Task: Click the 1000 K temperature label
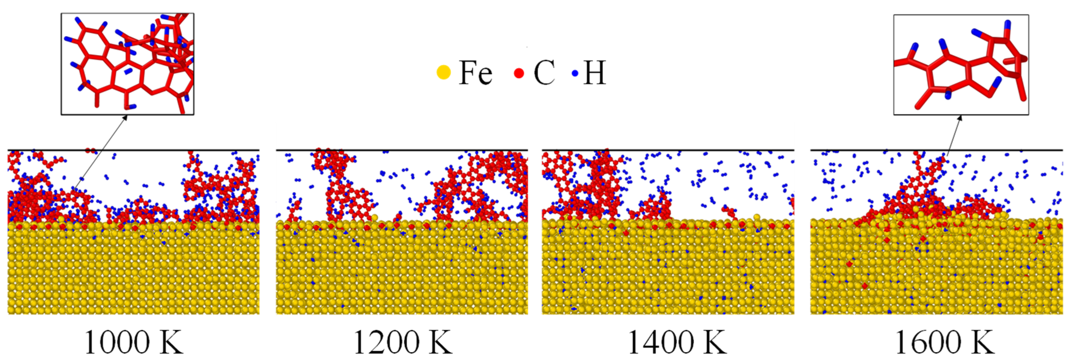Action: (134, 343)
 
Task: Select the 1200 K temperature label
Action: (402, 343)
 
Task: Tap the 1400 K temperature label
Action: (677, 343)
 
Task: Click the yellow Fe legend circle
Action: (444, 72)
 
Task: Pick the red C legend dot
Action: (519, 73)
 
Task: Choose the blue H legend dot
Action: (575, 73)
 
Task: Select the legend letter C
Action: (544, 72)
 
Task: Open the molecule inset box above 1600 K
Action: (961, 65)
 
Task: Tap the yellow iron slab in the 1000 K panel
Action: (133, 271)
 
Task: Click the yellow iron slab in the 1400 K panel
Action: (668, 271)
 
